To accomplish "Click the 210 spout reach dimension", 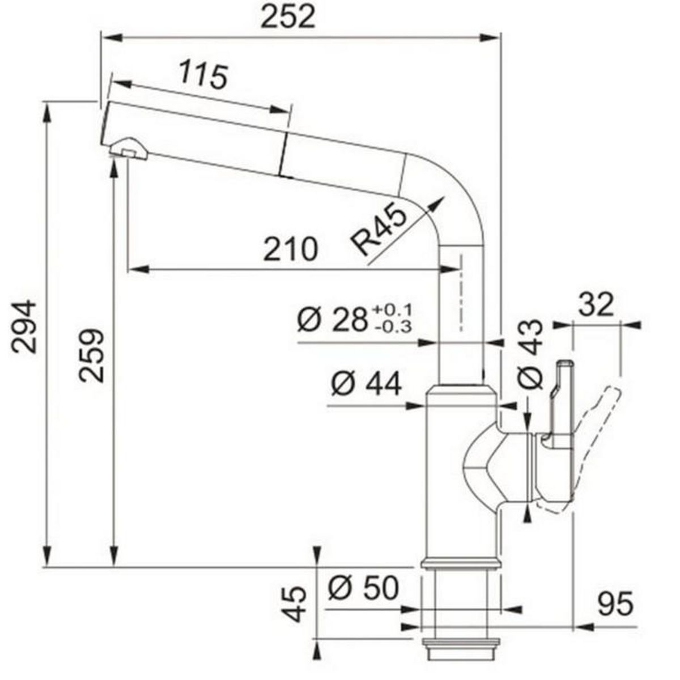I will [290, 249].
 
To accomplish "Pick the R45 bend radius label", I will [379, 230].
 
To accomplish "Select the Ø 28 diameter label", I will [331, 321].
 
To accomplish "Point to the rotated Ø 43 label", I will [531, 355].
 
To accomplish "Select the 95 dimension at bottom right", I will [614, 605].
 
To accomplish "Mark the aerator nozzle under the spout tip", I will [128, 148].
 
